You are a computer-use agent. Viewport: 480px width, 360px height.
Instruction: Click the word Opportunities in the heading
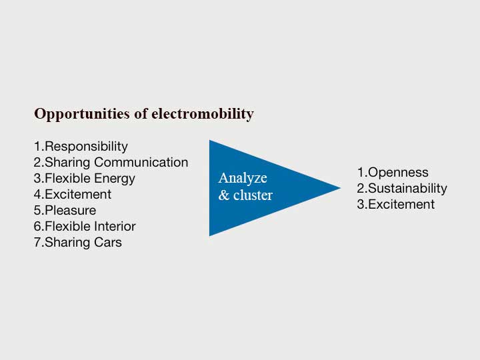pyautogui.click(x=82, y=115)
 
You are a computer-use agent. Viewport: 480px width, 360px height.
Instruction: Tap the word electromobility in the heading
pyautogui.click(x=203, y=113)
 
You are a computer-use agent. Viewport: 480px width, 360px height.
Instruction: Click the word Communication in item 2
pyautogui.click(x=141, y=162)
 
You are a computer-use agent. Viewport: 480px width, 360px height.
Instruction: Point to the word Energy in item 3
pyautogui.click(x=115, y=179)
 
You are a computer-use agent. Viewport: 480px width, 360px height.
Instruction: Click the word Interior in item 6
pyautogui.click(x=115, y=226)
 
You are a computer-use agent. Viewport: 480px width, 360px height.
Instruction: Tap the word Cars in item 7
pyautogui.click(x=108, y=243)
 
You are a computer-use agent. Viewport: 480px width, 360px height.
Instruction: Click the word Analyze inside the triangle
pyautogui.click(x=243, y=178)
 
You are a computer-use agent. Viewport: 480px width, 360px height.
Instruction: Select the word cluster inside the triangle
pyautogui.click(x=253, y=195)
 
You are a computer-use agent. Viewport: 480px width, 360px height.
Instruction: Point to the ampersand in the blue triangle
pyautogui.click(x=224, y=195)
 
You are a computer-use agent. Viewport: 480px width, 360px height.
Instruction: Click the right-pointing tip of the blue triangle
pyautogui.click(x=341, y=188)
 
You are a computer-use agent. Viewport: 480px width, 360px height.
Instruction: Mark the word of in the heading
pyautogui.click(x=141, y=113)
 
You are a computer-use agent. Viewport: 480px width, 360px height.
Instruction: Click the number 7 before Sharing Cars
pyautogui.click(x=37, y=243)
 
